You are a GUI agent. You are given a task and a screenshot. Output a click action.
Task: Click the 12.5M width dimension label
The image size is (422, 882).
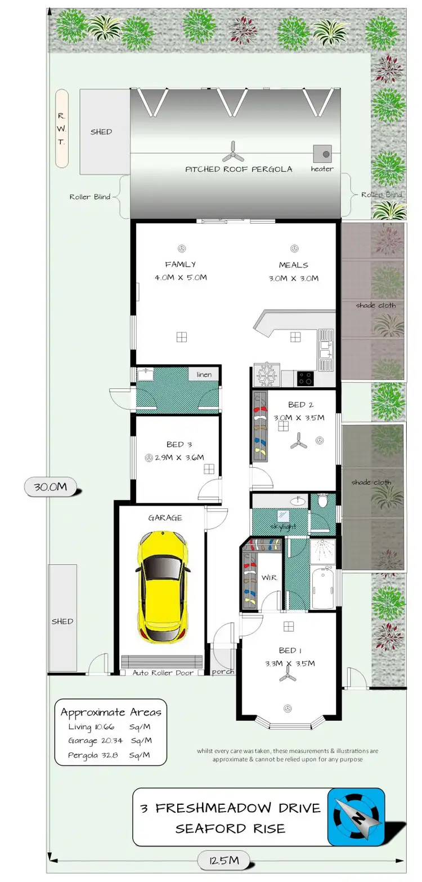click(x=225, y=861)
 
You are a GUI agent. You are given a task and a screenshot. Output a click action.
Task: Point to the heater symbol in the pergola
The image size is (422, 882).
click(x=322, y=153)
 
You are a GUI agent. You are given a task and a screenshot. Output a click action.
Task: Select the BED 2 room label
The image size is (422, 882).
click(x=297, y=405)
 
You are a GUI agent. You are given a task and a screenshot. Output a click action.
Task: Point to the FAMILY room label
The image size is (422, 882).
click(x=180, y=264)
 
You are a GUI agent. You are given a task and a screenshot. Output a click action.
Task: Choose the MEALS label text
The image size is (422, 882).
click(x=293, y=265)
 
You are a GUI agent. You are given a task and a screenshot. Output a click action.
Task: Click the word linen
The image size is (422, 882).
click(x=203, y=375)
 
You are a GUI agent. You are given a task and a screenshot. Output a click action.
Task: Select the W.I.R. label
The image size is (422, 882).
click(x=267, y=578)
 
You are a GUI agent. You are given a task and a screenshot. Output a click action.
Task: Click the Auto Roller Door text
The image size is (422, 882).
click(x=163, y=672)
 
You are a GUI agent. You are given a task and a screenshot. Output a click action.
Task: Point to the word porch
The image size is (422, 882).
click(x=223, y=672)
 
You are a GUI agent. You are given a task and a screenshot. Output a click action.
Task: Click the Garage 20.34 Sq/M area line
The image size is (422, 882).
click(x=110, y=740)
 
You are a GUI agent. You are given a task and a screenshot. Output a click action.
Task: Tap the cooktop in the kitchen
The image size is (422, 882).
click(x=306, y=378)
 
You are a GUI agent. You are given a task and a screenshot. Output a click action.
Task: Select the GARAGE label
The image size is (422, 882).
click(x=164, y=517)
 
